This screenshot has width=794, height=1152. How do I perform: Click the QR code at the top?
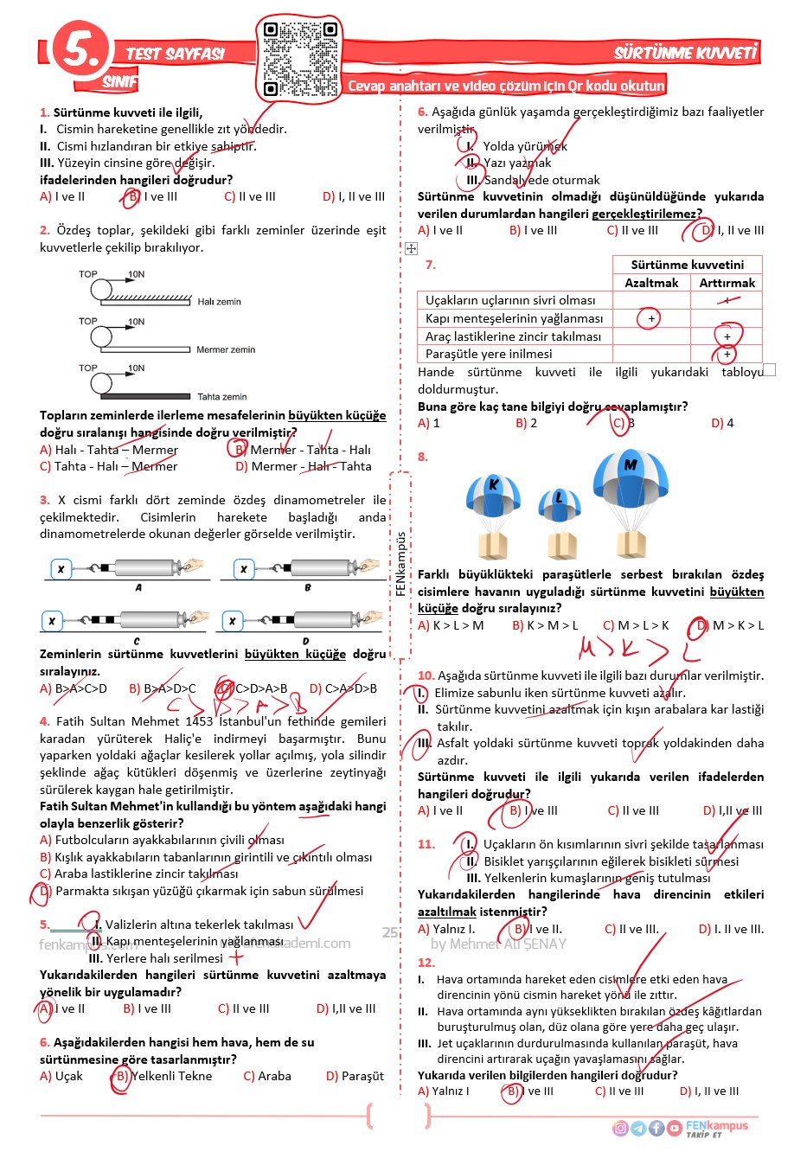pyautogui.click(x=300, y=59)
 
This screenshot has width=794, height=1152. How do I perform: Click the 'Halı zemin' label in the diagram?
pyautogui.click(x=219, y=302)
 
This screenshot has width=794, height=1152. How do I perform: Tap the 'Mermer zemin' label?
pyautogui.click(x=225, y=349)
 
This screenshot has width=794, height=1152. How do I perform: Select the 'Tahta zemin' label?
pyautogui.click(x=222, y=397)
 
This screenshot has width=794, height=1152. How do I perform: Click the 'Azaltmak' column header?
pyautogui.click(x=651, y=283)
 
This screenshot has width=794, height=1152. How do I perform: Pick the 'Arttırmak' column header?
pyautogui.click(x=727, y=283)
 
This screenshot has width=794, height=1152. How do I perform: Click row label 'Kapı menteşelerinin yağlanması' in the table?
pyautogui.click(x=514, y=318)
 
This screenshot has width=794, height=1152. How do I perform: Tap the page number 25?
pyautogui.click(x=390, y=932)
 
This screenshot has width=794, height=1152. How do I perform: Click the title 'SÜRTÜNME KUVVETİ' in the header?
pyautogui.click(x=685, y=53)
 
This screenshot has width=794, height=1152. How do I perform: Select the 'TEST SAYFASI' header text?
pyautogui.click(x=175, y=54)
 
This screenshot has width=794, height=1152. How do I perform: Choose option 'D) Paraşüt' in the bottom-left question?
pyautogui.click(x=355, y=1076)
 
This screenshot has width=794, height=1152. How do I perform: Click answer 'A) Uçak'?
pyautogui.click(x=61, y=1076)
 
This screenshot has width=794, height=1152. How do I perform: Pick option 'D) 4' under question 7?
pyautogui.click(x=722, y=423)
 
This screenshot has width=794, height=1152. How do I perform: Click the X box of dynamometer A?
pyautogui.click(x=61, y=569)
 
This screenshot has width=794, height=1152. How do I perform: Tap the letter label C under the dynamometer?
pyautogui.click(x=137, y=641)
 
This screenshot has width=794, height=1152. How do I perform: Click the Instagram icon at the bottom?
pyautogui.click(x=620, y=1128)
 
